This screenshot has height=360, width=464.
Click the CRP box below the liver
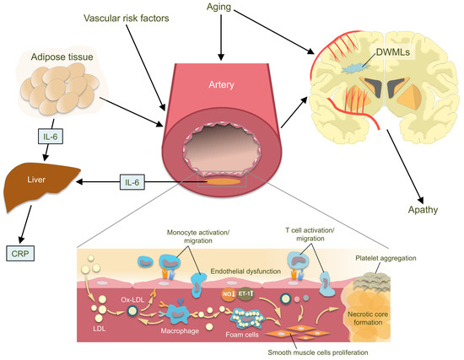[20, 254]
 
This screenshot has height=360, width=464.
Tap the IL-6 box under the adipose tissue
[51, 137]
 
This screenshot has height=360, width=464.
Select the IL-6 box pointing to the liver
[132, 182]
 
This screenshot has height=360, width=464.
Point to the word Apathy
[423, 210]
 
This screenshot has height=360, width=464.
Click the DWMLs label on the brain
[392, 52]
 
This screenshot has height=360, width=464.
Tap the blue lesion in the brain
[354, 68]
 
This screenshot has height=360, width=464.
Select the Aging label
[219, 7]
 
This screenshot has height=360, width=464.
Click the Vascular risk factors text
[127, 19]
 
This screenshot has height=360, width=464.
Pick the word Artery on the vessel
[221, 85]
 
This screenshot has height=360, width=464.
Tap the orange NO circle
[229, 294]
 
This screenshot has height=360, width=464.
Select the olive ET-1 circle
[245, 293]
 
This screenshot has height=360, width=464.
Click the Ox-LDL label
[132, 299]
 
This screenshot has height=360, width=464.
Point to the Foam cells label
[242, 335]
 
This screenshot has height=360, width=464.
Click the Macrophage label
[180, 330]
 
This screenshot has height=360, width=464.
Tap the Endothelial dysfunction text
[245, 271]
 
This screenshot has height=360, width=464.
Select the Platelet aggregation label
[386, 258]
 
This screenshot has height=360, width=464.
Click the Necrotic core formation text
[368, 319]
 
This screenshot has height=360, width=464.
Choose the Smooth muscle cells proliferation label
[318, 352]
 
